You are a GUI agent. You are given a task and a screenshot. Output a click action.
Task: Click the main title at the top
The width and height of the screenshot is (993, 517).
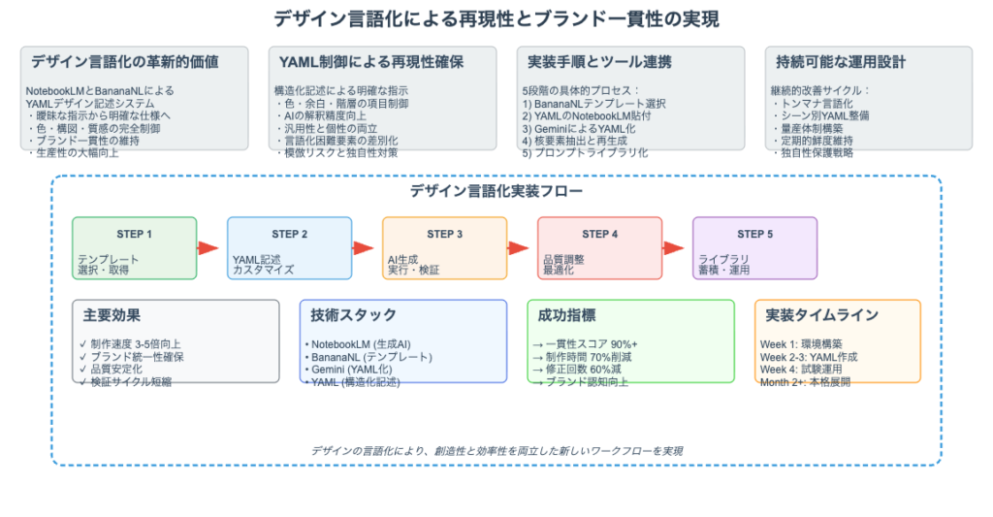[x=496, y=18]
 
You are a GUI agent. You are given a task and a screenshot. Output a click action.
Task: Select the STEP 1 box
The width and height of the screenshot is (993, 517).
[x=134, y=247]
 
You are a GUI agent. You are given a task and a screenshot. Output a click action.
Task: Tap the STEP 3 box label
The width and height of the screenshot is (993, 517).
[x=444, y=234]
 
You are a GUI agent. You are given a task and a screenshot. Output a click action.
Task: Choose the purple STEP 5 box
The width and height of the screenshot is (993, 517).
[x=754, y=247]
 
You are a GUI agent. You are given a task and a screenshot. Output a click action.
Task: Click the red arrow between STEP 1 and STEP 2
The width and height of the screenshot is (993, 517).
[x=208, y=248]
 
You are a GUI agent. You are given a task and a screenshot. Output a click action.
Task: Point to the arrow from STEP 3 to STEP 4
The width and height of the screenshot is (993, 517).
[x=519, y=248]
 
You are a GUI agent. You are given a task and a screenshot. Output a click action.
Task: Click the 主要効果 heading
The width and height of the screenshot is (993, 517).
[x=112, y=315]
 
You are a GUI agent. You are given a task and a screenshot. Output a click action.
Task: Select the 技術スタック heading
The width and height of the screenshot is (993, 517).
[x=354, y=315]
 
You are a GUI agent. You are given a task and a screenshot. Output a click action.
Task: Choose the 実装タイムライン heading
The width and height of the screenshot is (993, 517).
[x=822, y=315]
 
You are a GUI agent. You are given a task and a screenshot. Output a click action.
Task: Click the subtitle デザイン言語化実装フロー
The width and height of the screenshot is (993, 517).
[x=496, y=190]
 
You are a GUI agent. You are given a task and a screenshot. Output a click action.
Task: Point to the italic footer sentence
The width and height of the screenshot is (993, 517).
[x=496, y=451]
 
